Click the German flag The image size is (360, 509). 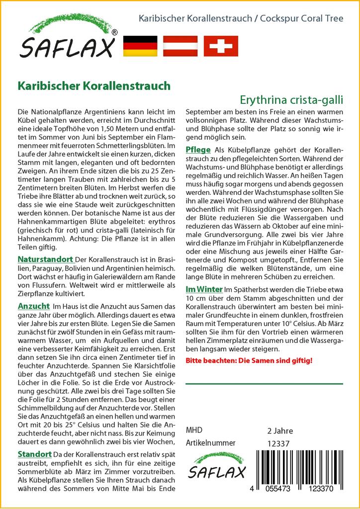point(140,46)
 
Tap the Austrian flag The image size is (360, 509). point(180,46)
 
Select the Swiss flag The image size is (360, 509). point(221,46)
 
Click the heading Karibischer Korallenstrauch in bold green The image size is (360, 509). point(94,85)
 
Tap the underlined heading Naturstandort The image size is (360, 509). point(46,259)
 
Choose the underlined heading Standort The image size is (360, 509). point(35,454)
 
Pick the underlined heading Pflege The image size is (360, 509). point(198,150)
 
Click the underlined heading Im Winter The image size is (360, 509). point(204,289)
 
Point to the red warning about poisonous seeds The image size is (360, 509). point(249,359)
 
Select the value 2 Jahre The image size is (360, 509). point(280,430)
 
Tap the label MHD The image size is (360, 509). point(194,430)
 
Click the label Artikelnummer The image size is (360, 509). point(210,443)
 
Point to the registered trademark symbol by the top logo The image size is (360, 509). point(115,33)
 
